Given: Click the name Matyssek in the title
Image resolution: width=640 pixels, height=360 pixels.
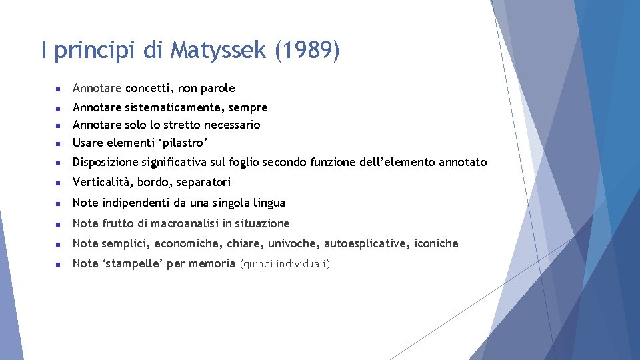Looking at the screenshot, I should [x=219, y=50].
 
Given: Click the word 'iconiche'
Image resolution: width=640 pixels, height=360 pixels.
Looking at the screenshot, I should [x=436, y=243].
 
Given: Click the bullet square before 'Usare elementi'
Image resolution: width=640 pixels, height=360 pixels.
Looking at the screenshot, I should [x=58, y=143].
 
